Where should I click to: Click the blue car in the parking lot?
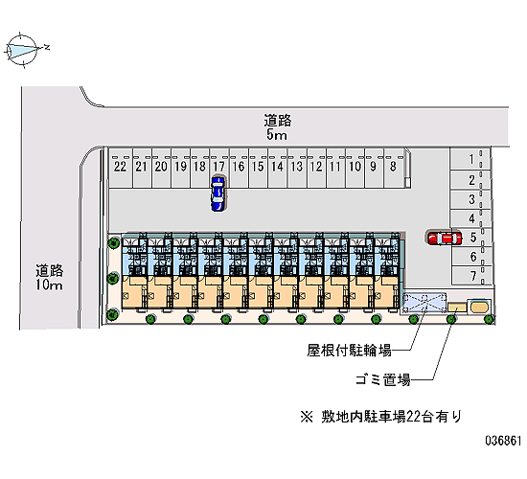point(218,194)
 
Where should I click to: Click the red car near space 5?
point(444,238)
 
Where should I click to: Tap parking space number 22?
point(121,168)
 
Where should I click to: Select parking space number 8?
point(394,168)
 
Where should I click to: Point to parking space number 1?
point(470,160)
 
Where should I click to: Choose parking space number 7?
point(471,276)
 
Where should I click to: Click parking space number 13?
point(297,168)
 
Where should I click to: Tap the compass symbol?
point(22,50)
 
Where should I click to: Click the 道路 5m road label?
point(277,127)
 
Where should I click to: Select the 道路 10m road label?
point(50,278)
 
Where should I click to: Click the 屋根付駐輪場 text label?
point(350,351)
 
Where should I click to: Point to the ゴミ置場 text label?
point(383,380)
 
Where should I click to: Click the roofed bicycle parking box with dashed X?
point(424,303)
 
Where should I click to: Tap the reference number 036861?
point(503,441)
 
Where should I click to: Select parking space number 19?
point(181,168)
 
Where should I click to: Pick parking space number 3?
point(470,199)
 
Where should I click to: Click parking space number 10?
point(355,168)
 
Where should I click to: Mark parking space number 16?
point(239,168)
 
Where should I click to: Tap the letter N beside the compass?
point(47,47)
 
